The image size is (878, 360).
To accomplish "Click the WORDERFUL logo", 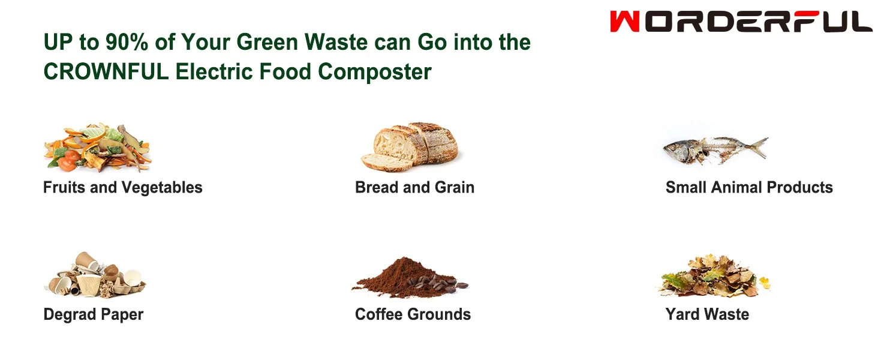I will coord(741,22).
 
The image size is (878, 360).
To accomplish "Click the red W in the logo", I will coord(624,22).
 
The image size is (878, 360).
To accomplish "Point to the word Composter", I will coord(375,72).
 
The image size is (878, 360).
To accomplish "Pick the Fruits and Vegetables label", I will coord(122,188).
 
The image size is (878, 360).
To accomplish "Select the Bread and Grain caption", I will coord(414,188).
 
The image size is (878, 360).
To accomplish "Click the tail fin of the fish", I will coord(758,146).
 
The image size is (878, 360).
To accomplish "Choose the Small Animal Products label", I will coord(749,188).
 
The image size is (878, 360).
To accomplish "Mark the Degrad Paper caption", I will coord(94,314).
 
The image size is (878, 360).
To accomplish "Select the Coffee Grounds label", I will coord(413,314).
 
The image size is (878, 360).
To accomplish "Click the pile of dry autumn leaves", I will coord(714,276).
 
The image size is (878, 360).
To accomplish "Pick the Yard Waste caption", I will coord(707,314).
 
